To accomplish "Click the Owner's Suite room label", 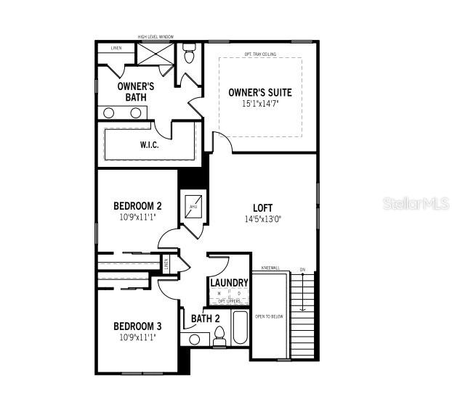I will tap(260, 92).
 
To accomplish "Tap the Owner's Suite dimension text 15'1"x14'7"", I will tap(260, 104).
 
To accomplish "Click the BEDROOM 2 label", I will tap(137, 205).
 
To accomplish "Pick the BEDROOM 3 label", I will tap(137, 326).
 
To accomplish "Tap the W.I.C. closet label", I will tap(150, 144).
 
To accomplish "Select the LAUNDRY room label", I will tap(229, 282).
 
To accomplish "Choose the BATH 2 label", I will tap(206, 318).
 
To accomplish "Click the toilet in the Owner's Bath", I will tap(190, 54).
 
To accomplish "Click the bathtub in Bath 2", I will tap(240, 329).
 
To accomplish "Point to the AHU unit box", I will tap(193, 206).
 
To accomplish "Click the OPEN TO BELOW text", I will tap(269, 316).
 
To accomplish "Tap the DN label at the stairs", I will tap(302, 271).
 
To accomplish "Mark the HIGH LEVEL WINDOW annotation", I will tap(156, 37).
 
